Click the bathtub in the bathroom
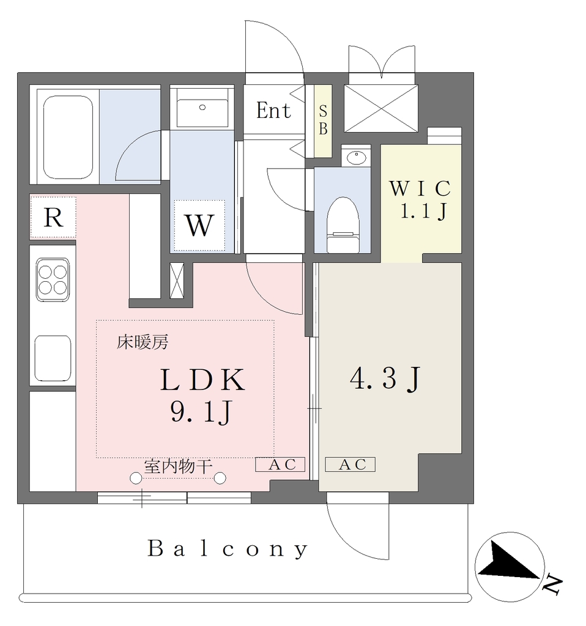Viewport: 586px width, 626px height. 68,137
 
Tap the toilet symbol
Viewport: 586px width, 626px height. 343,225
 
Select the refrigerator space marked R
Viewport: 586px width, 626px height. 53,218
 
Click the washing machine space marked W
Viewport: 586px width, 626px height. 199,226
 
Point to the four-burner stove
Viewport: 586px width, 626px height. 53,279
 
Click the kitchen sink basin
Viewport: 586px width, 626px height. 53,358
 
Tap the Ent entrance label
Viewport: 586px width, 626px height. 273,111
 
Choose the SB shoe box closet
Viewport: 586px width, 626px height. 323,121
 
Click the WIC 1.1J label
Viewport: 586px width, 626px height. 421,199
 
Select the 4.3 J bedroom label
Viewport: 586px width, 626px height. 385,379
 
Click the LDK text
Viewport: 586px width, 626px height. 202,380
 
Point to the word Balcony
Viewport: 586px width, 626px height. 228,549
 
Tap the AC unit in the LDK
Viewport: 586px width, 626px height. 280,465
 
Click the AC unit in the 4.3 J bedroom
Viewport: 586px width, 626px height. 350,465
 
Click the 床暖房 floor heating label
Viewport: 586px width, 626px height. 143,342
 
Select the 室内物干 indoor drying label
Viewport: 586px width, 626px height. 178,466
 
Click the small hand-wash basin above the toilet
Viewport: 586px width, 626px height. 357,157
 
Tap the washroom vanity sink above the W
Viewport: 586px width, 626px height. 202,113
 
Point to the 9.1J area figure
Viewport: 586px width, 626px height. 201,411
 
